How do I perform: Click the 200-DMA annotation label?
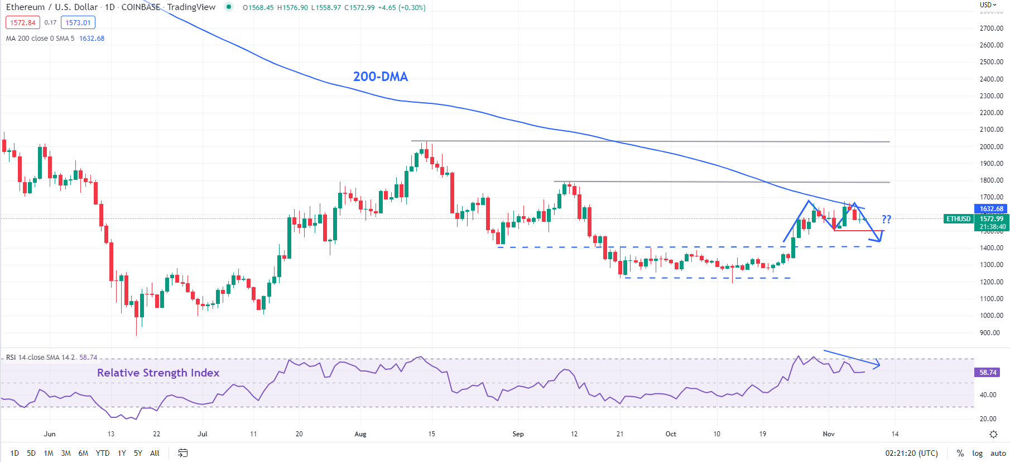click(x=380, y=77)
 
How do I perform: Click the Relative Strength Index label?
click(x=158, y=373)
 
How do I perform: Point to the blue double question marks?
click(x=886, y=219)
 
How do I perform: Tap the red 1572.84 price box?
click(x=23, y=23)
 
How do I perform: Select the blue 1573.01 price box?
click(x=78, y=23)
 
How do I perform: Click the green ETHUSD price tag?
click(x=958, y=219)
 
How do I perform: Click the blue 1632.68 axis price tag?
click(x=991, y=209)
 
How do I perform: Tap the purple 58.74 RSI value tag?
click(x=987, y=373)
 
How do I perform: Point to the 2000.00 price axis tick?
click(x=991, y=147)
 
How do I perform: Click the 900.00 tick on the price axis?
click(x=991, y=333)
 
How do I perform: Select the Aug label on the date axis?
click(x=360, y=434)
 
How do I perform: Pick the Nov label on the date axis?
click(x=829, y=434)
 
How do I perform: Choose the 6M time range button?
click(x=83, y=453)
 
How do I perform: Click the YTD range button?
click(x=103, y=453)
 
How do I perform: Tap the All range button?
click(x=155, y=453)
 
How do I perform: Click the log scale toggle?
click(x=977, y=453)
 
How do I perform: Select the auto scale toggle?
click(x=998, y=453)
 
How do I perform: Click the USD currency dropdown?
click(x=988, y=5)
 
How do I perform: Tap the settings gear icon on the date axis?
click(x=993, y=434)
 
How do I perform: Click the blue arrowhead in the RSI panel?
click(x=878, y=365)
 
